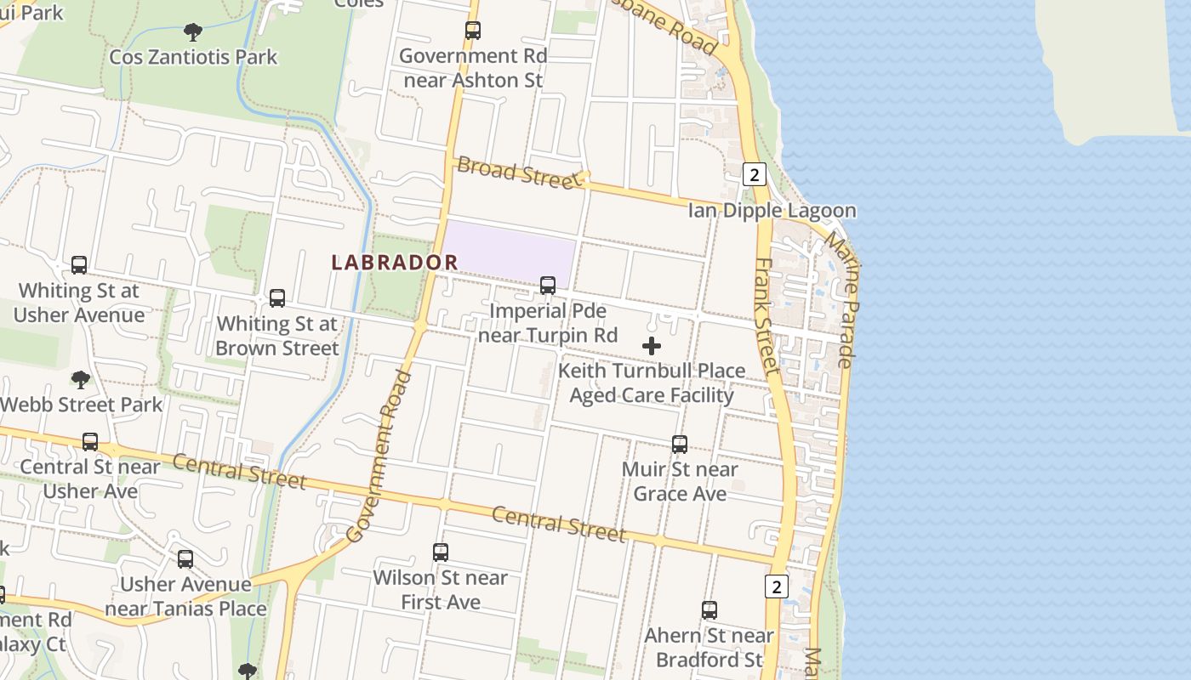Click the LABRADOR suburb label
[x=395, y=263]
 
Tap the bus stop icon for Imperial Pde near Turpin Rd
[x=548, y=286]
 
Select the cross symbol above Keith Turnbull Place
[x=652, y=346]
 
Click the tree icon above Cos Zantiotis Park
[x=193, y=32]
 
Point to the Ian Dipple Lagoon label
[x=772, y=210]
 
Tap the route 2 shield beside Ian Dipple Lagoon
[x=754, y=174]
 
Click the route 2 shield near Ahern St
[x=776, y=586]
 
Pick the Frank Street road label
[x=766, y=316]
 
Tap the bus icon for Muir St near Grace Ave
[x=680, y=445]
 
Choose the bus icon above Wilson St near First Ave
[x=441, y=552]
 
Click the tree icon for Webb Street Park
[x=81, y=379]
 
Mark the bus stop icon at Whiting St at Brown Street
[x=277, y=298]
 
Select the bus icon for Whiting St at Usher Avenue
[x=79, y=265]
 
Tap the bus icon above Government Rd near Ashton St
[x=473, y=31]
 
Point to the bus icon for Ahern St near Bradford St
[x=709, y=610]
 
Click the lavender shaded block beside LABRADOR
[x=510, y=252]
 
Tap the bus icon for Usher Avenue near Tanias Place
[x=185, y=559]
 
